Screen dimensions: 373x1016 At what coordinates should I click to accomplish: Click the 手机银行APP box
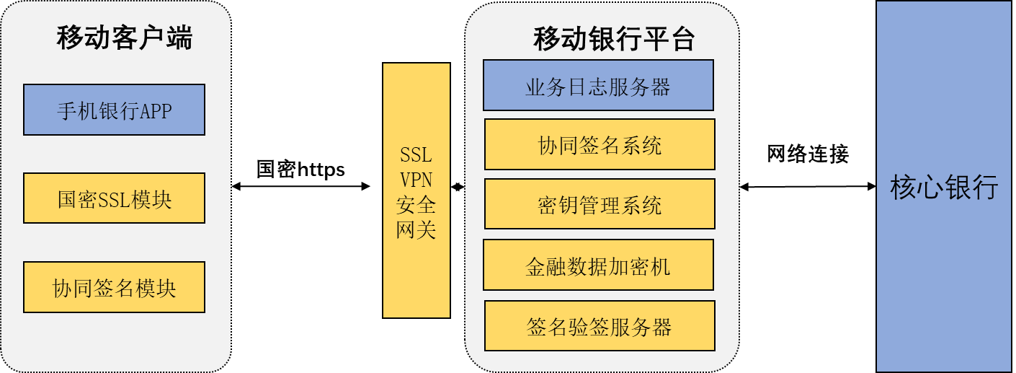pyautogui.click(x=114, y=110)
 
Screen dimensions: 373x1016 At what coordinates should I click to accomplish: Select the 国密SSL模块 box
pyautogui.click(x=114, y=198)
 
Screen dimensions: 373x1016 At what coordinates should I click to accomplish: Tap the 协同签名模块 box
pyautogui.click(x=114, y=287)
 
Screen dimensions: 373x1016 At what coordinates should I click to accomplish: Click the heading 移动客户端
pyautogui.click(x=125, y=38)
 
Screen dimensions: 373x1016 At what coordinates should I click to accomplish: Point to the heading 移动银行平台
pyautogui.click(x=613, y=40)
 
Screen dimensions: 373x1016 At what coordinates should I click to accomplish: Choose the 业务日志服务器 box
pyautogui.click(x=598, y=86)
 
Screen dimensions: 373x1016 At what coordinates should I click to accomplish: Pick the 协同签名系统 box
pyautogui.click(x=600, y=145)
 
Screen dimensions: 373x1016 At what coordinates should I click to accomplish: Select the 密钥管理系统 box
pyautogui.click(x=600, y=205)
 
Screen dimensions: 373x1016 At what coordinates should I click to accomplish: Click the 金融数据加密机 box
pyautogui.click(x=598, y=266)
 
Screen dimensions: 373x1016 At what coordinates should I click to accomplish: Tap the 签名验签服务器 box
pyautogui.click(x=600, y=326)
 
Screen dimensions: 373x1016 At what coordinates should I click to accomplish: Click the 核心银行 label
pyautogui.click(x=944, y=186)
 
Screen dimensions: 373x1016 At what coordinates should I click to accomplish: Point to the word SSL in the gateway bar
pyautogui.click(x=416, y=154)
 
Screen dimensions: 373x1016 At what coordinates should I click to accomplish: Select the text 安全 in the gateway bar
pyautogui.click(x=416, y=205)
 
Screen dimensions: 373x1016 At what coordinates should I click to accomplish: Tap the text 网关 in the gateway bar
pyautogui.click(x=416, y=229)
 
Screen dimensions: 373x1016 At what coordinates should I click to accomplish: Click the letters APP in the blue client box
pyautogui.click(x=156, y=110)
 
